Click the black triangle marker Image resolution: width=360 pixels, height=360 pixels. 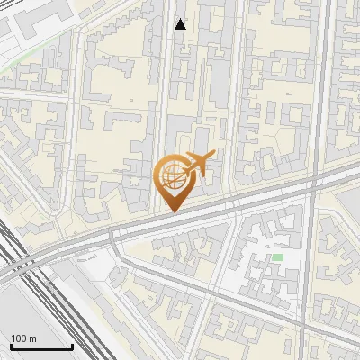point(180,24)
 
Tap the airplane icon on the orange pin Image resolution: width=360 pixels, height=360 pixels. point(197,165)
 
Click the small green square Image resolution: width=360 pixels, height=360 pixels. point(278,258)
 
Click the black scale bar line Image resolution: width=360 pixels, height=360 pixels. point(41,346)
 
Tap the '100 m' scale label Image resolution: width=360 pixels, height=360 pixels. point(24,337)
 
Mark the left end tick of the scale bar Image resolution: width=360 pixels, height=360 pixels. point(11,345)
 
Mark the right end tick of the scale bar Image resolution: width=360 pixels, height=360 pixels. point(72,345)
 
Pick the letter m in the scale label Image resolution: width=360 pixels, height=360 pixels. point(33,337)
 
